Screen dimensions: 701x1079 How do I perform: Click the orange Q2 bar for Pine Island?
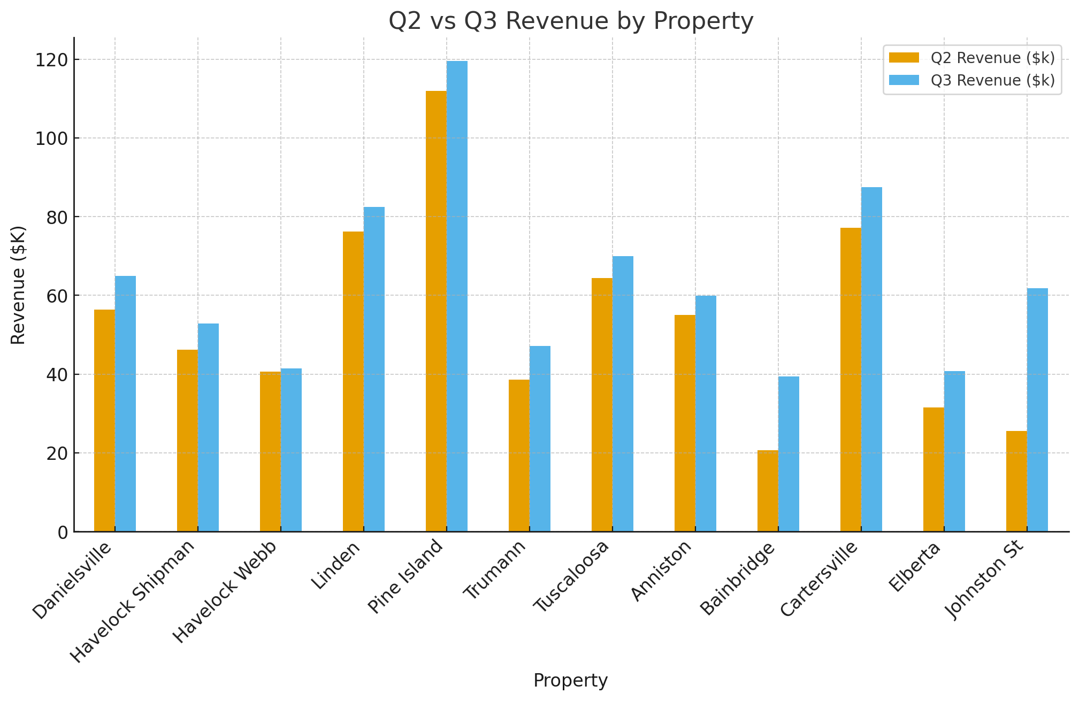[x=436, y=310]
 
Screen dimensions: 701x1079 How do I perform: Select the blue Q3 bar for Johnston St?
[x=1037, y=409]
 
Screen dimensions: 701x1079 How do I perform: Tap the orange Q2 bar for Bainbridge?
[x=768, y=491]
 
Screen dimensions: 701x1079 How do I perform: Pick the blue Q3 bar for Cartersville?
[x=871, y=358]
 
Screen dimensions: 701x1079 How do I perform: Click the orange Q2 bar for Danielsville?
[x=104, y=420]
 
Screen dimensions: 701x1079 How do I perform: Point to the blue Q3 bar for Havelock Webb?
[x=291, y=449]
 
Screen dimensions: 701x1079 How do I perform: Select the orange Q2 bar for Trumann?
[x=519, y=455]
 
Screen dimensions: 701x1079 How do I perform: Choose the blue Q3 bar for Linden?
[x=374, y=369]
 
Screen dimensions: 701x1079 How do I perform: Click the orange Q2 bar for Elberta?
[x=933, y=469]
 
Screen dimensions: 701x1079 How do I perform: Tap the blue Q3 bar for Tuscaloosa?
[x=623, y=393]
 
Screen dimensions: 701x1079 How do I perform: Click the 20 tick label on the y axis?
[x=57, y=453]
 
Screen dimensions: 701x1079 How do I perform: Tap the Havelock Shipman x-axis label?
[x=134, y=602]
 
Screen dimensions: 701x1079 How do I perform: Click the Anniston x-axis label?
[x=662, y=571]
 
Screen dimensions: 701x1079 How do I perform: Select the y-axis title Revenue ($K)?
[x=18, y=285]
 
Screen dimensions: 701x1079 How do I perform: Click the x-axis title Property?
[x=570, y=681]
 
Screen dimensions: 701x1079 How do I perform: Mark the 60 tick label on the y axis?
[x=57, y=296]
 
